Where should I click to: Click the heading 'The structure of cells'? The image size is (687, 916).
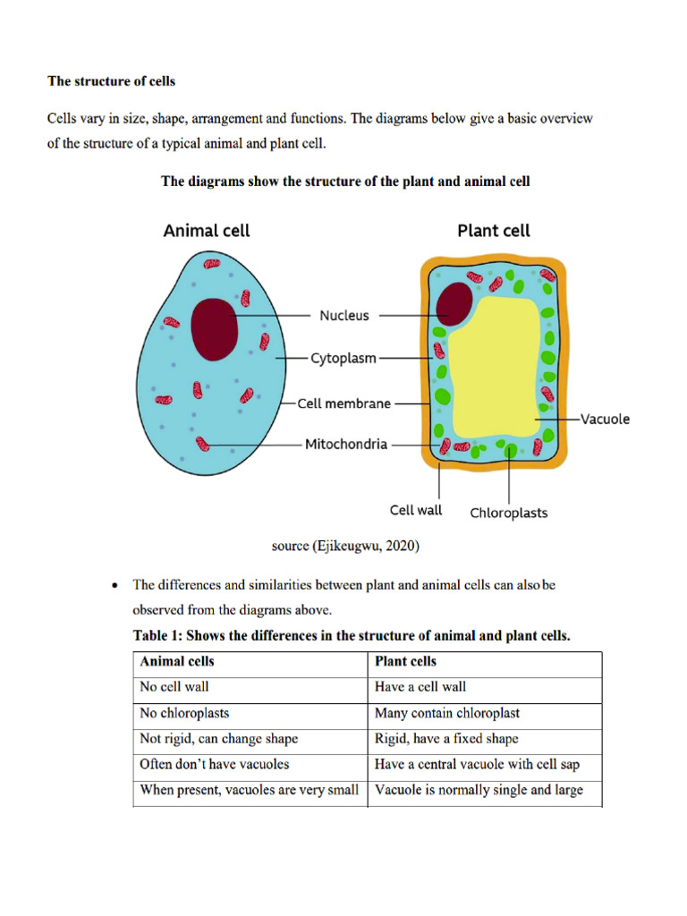click(x=111, y=81)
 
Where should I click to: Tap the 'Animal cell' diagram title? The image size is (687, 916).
click(x=207, y=231)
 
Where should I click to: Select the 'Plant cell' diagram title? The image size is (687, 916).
click(x=494, y=231)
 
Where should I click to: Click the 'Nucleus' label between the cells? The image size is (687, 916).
click(x=344, y=316)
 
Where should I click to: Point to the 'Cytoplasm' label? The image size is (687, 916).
click(x=343, y=359)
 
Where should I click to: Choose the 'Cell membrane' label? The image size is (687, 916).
click(x=344, y=403)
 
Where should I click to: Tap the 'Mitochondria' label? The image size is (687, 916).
click(x=346, y=444)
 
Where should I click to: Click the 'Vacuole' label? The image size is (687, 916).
click(x=605, y=419)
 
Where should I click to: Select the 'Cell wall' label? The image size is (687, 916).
click(x=416, y=510)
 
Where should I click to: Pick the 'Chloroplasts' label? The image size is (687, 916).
click(x=509, y=513)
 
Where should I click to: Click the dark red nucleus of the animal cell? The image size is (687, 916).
click(x=216, y=328)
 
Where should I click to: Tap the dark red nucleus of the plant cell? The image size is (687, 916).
click(x=454, y=304)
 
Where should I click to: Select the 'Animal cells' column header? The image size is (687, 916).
click(x=177, y=662)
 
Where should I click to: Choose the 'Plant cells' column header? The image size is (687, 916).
click(x=406, y=662)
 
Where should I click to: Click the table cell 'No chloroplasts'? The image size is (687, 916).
click(x=184, y=714)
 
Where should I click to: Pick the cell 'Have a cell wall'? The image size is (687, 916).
click(x=420, y=688)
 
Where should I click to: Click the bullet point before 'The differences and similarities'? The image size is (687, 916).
click(x=114, y=586)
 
